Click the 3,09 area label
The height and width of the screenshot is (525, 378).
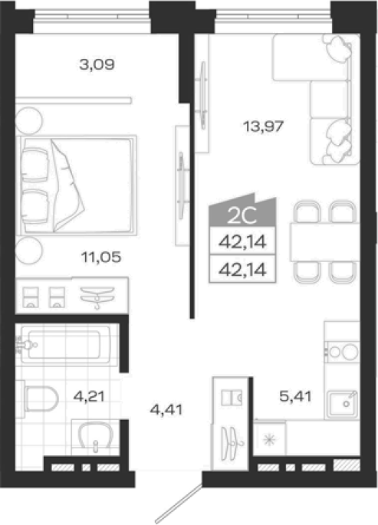(x=97, y=64)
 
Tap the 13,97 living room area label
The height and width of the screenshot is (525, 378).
(x=264, y=126)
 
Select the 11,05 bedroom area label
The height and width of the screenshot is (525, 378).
(x=101, y=258)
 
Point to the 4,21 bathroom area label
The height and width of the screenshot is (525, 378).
(x=89, y=397)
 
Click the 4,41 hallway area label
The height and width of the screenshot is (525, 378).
(x=166, y=409)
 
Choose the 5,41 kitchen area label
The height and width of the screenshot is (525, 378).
(x=295, y=396)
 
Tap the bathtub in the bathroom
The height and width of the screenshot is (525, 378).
(x=65, y=345)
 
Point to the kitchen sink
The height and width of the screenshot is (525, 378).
(x=343, y=403)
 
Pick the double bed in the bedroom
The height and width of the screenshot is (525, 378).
(x=77, y=185)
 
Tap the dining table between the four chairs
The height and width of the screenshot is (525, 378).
(x=325, y=241)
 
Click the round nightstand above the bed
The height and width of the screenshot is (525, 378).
(x=29, y=120)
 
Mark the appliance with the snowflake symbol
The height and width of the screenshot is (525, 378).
(x=270, y=439)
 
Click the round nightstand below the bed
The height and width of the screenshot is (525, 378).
(x=29, y=251)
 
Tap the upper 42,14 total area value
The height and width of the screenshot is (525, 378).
(x=242, y=241)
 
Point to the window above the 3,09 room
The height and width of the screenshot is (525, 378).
(x=92, y=16)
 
